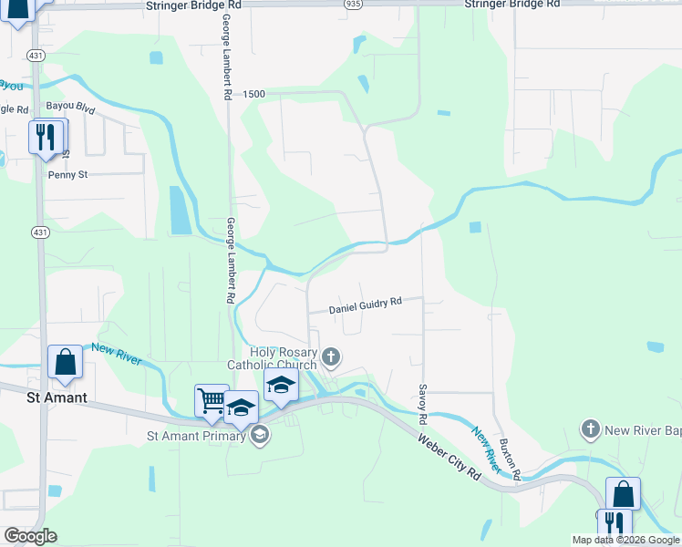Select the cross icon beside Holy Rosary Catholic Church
(x=331, y=356)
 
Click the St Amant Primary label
(x=196, y=436)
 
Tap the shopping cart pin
(x=212, y=400)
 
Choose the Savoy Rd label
(x=423, y=406)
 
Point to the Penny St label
(x=67, y=174)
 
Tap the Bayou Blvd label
(x=71, y=108)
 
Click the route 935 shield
(x=353, y=5)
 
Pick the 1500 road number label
(x=253, y=95)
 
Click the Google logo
(x=30, y=536)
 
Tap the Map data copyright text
(x=625, y=540)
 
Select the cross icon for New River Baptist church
(x=591, y=428)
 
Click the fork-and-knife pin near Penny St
(x=46, y=138)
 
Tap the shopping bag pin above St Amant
(x=66, y=362)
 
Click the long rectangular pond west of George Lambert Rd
(x=179, y=210)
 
